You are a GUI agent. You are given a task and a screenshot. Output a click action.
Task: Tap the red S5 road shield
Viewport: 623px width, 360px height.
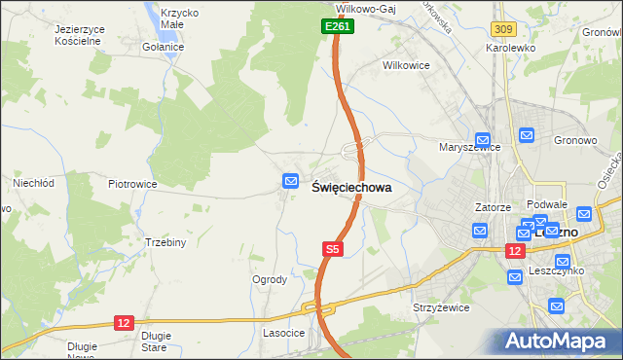coord(333,250)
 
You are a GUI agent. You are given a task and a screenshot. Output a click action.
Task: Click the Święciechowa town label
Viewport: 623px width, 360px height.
coord(351,188)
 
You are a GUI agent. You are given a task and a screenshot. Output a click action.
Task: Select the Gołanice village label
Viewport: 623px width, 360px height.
coord(163,48)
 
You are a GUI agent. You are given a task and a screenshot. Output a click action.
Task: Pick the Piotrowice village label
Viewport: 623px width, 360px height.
coord(132,183)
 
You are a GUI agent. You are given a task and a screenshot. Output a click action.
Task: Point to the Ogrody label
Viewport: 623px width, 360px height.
coord(270,279)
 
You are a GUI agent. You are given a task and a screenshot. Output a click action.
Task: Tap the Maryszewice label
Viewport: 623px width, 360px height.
coord(469,148)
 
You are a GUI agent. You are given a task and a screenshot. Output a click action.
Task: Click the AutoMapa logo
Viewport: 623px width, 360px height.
coord(561,341)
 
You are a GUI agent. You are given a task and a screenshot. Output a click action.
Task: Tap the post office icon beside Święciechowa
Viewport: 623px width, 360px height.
coord(290,181)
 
